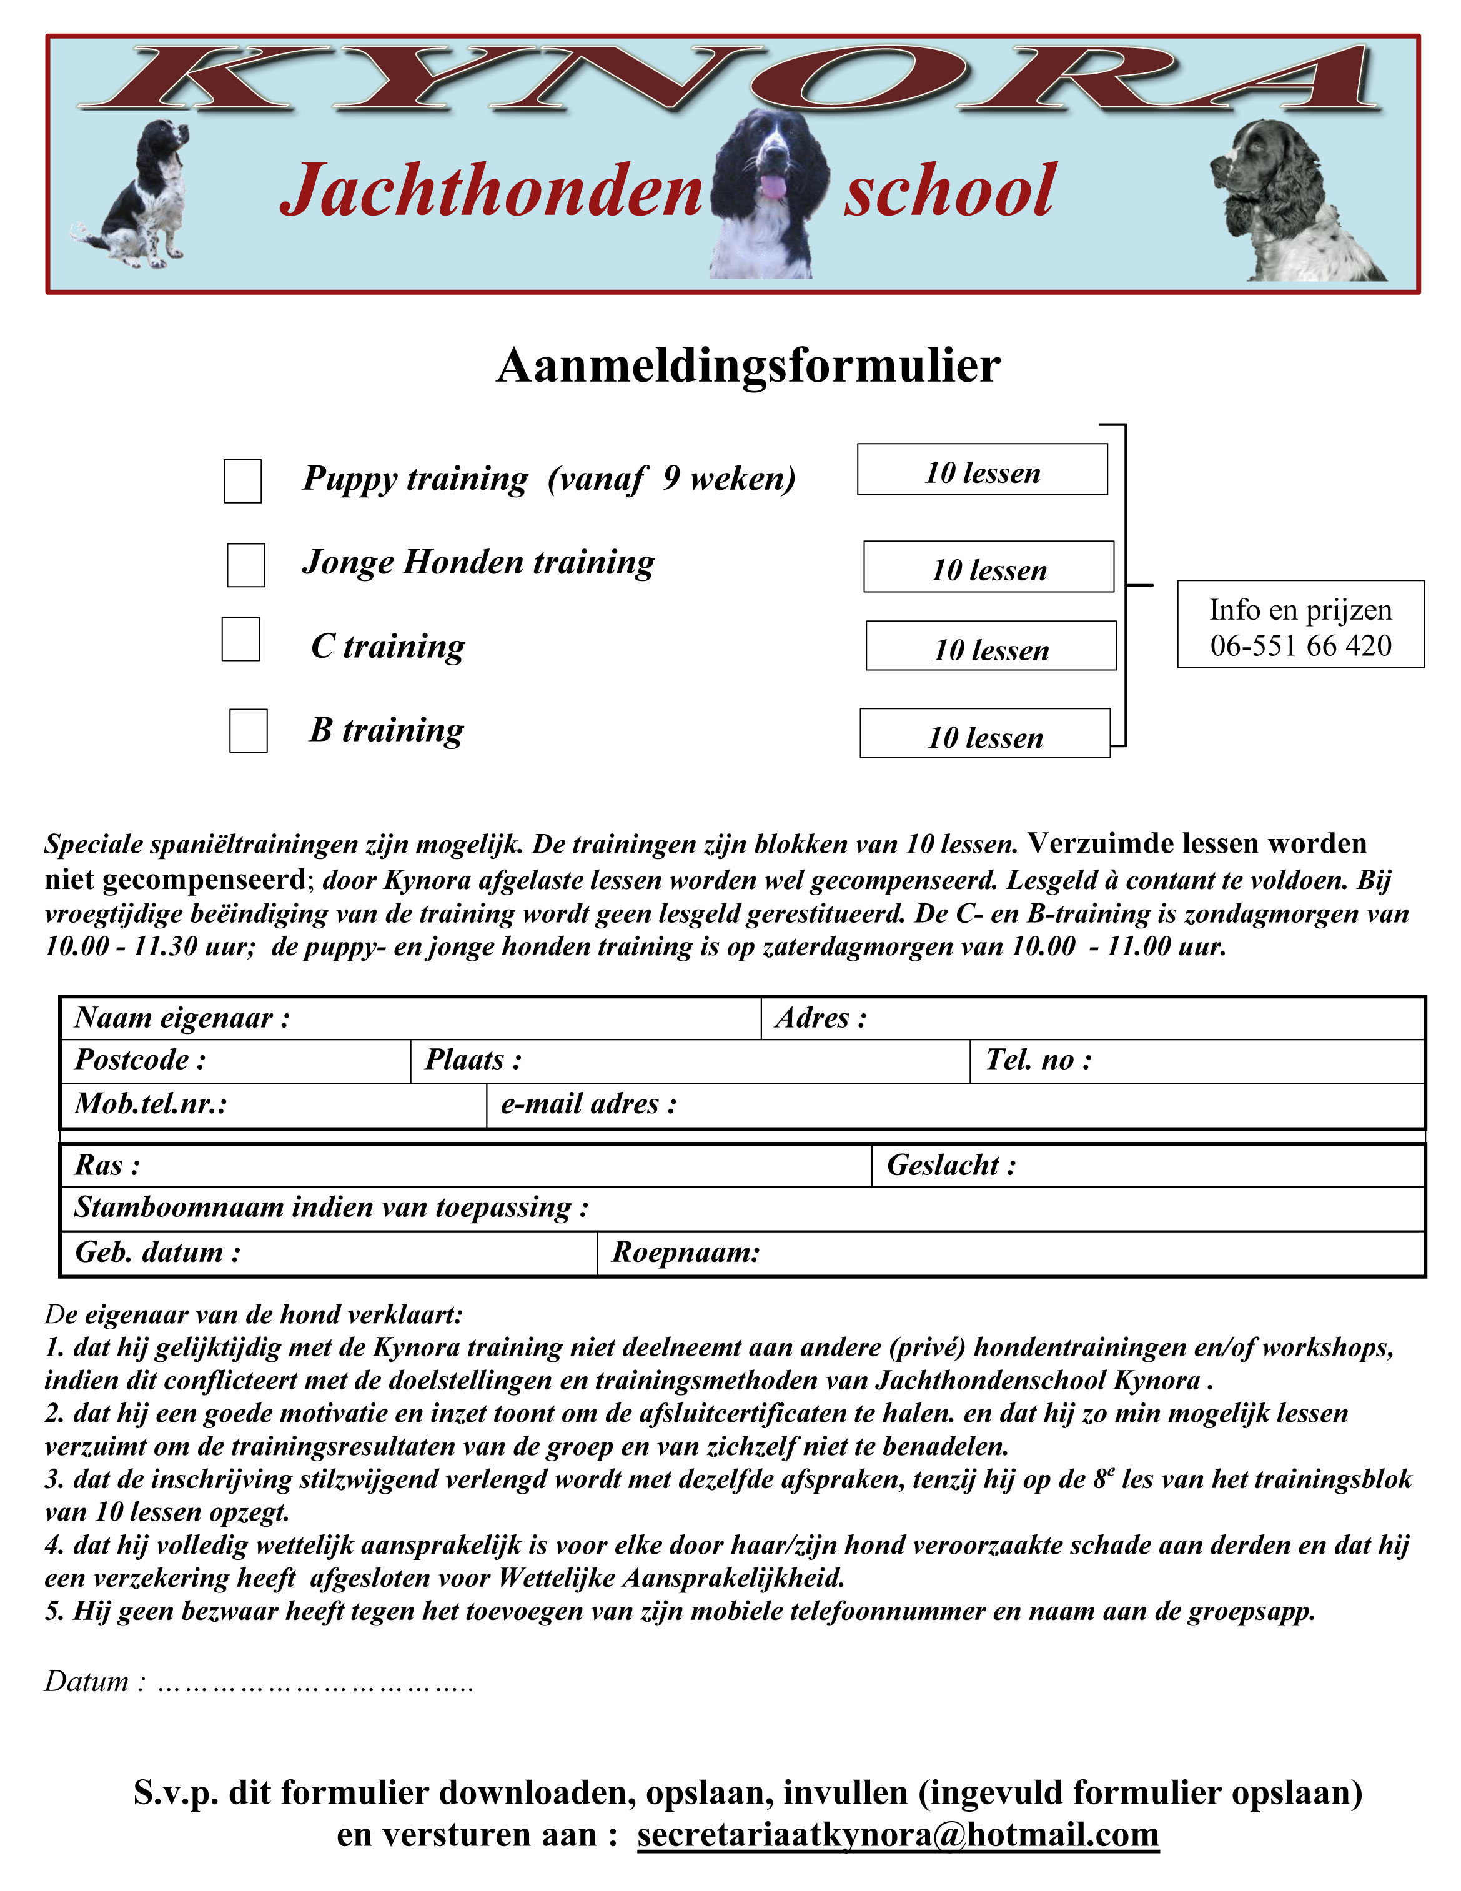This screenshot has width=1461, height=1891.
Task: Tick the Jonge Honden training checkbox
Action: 246,565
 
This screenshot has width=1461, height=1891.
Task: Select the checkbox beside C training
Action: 240,639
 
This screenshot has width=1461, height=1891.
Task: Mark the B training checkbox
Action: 249,731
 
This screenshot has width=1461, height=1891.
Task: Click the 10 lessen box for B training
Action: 985,734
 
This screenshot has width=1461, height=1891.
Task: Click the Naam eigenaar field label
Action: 182,1018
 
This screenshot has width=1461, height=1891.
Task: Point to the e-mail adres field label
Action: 588,1104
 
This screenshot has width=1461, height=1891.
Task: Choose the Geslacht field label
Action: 950,1166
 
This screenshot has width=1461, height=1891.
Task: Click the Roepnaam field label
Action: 685,1252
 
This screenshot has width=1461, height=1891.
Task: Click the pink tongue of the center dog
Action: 772,187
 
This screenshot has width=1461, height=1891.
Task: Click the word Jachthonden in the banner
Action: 491,191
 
